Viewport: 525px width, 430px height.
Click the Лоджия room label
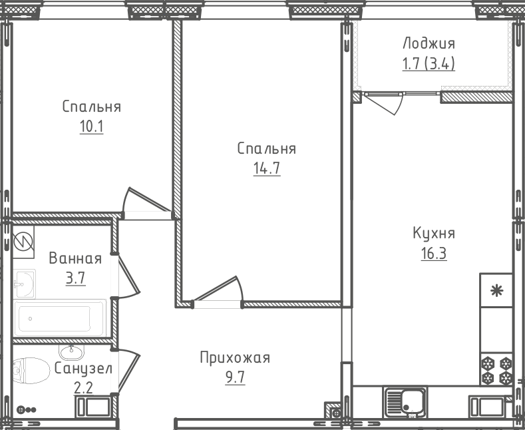(429, 44)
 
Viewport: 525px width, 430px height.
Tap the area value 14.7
(266, 168)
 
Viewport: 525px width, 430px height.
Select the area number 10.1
(91, 126)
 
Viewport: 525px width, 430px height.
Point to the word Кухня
(433, 234)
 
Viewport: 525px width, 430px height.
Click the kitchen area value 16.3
(433, 254)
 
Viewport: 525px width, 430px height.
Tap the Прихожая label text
(234, 358)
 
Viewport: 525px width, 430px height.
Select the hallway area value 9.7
(234, 378)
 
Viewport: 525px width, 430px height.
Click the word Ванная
(75, 259)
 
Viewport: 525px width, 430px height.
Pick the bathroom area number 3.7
(75, 278)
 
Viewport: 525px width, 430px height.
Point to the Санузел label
(83, 368)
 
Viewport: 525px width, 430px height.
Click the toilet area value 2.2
(83, 387)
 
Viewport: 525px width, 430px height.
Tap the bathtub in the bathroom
(61, 318)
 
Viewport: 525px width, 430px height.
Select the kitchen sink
(406, 401)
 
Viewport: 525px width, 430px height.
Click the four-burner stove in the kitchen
(496, 370)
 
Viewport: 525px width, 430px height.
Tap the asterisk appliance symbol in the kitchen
(496, 290)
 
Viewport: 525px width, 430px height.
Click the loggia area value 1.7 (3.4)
(429, 65)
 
